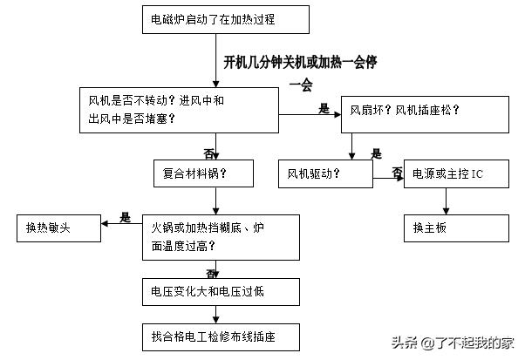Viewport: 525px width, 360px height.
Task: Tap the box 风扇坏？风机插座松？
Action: [x=425, y=111]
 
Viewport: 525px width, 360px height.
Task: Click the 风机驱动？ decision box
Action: [x=325, y=174]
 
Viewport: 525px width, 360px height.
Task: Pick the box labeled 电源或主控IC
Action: [x=456, y=174]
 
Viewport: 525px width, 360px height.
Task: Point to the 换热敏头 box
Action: [x=58, y=228]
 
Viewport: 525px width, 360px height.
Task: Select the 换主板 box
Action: [x=456, y=228]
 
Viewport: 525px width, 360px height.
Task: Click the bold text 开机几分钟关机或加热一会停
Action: [x=300, y=63]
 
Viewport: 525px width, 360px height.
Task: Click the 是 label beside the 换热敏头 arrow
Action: [x=125, y=217]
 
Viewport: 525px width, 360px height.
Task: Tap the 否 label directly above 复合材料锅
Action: [x=208, y=151]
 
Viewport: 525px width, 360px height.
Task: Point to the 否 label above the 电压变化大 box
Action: [x=211, y=273]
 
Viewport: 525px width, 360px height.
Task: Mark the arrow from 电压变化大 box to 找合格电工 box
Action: [x=208, y=313]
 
